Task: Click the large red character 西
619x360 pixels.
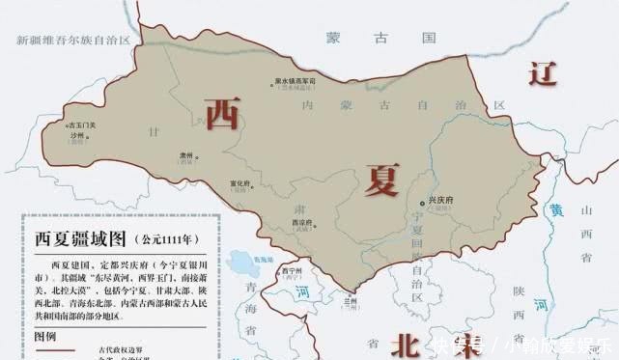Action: [225, 112]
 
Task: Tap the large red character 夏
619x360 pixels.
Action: [382, 179]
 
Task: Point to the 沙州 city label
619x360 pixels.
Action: [75, 135]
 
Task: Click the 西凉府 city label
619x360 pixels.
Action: [302, 222]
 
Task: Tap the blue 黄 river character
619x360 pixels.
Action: [555, 209]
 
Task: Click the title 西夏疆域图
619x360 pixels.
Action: [80, 237]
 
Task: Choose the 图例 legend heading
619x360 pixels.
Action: [46, 337]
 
